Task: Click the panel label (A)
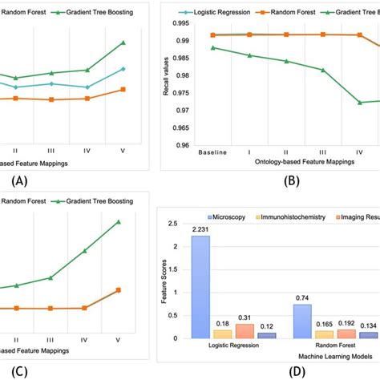(18, 180)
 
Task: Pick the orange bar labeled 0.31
(245, 331)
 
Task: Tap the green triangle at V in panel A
(123, 42)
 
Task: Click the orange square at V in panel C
(119, 290)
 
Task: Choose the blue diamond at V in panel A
(123, 69)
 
